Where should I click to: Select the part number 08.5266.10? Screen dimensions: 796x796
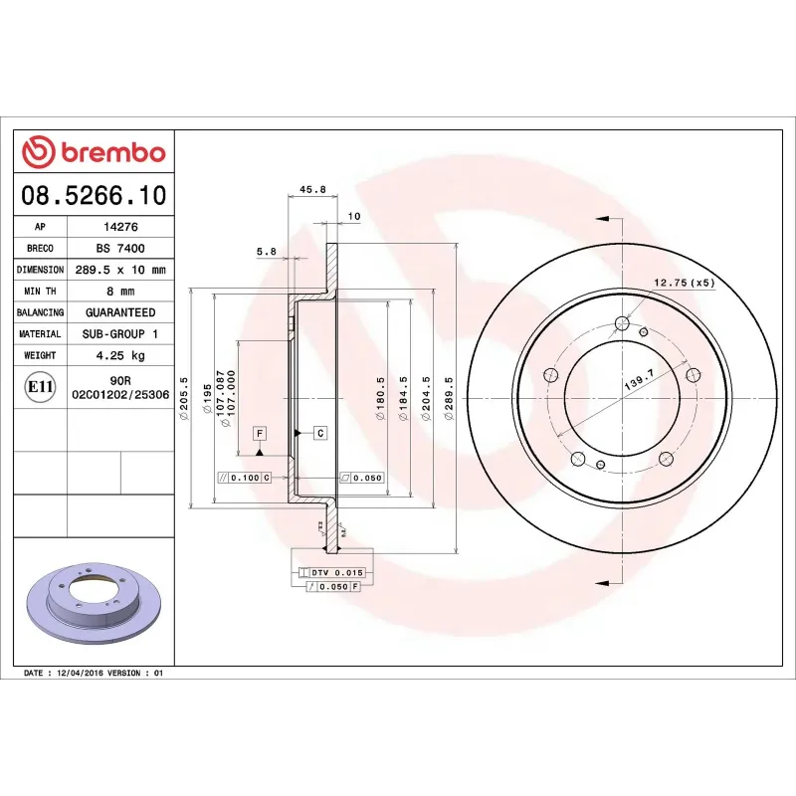pos(94,195)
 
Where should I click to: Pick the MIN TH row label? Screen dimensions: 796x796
pos(40,292)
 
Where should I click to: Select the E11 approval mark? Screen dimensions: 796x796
pos(40,387)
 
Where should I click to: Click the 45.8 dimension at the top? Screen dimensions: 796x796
pos(312,190)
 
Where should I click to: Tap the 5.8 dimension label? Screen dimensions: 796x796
pos(266,252)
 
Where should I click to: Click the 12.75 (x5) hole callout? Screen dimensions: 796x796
pos(685,284)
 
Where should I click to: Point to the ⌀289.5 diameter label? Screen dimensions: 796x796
pos(450,398)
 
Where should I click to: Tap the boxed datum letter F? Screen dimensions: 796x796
pos(259,433)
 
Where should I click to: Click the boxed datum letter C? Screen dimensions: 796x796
pos(320,432)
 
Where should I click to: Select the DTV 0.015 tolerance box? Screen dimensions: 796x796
pos(331,573)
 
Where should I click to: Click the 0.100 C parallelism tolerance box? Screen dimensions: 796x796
pos(245,478)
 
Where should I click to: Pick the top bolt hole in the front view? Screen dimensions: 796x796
pos(622,322)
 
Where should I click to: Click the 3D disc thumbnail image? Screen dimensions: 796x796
pos(94,608)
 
